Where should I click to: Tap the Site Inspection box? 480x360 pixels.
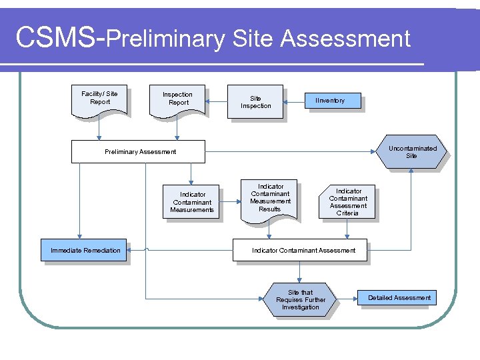[x=255, y=102]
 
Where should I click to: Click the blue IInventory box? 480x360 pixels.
[x=330, y=101]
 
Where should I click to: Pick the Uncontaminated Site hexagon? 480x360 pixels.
[x=411, y=152]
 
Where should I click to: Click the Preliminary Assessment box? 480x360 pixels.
[x=140, y=152]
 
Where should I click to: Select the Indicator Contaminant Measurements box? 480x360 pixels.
[x=192, y=202]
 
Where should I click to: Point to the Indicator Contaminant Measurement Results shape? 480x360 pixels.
[x=270, y=199]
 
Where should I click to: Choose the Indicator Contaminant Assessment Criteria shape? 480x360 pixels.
[x=347, y=202]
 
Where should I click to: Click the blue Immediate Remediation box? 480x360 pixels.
[x=85, y=250]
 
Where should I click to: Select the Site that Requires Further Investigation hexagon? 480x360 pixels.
[x=300, y=300]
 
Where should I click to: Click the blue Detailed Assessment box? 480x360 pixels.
[x=399, y=297]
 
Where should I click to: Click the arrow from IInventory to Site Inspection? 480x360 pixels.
[x=295, y=101]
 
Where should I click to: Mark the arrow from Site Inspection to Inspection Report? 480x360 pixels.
[x=217, y=102]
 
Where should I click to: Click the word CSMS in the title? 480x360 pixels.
[x=56, y=39]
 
